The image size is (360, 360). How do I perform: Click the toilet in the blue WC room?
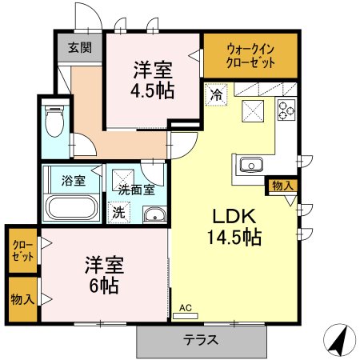pyautogui.click(x=54, y=121)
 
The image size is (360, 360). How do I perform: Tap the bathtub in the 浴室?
pyautogui.click(x=71, y=207)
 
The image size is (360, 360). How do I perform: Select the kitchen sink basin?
pyautogui.click(x=251, y=165)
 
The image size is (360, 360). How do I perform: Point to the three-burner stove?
pyautogui.click(x=286, y=110)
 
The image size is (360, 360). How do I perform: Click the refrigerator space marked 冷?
pyautogui.click(x=216, y=94)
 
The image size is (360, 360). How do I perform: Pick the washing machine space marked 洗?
pyautogui.click(x=119, y=213)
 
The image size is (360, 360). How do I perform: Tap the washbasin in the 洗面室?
pyautogui.click(x=155, y=215)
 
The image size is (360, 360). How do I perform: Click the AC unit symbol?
pyautogui.click(x=186, y=316)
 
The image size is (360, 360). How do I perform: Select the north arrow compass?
pyautogui.click(x=339, y=340)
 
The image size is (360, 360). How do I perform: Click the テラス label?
pyautogui.click(x=201, y=340)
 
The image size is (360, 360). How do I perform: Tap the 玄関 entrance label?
pyautogui.click(x=80, y=48)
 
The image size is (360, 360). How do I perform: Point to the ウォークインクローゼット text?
pyautogui.click(x=250, y=56)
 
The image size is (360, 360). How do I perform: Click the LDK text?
pyautogui.click(x=234, y=216)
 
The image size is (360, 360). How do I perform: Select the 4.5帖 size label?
pyautogui.click(x=153, y=90)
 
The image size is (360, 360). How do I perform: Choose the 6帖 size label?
pyautogui.click(x=104, y=286)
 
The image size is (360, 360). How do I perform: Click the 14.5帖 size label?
pyautogui.click(x=234, y=237)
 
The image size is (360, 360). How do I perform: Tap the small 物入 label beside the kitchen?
pyautogui.click(x=283, y=186)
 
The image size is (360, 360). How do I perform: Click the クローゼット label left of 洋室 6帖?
pyautogui.click(x=23, y=251)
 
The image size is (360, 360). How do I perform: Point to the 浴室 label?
pyautogui.click(x=74, y=181)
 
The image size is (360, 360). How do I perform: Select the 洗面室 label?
pyautogui.click(x=136, y=190)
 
